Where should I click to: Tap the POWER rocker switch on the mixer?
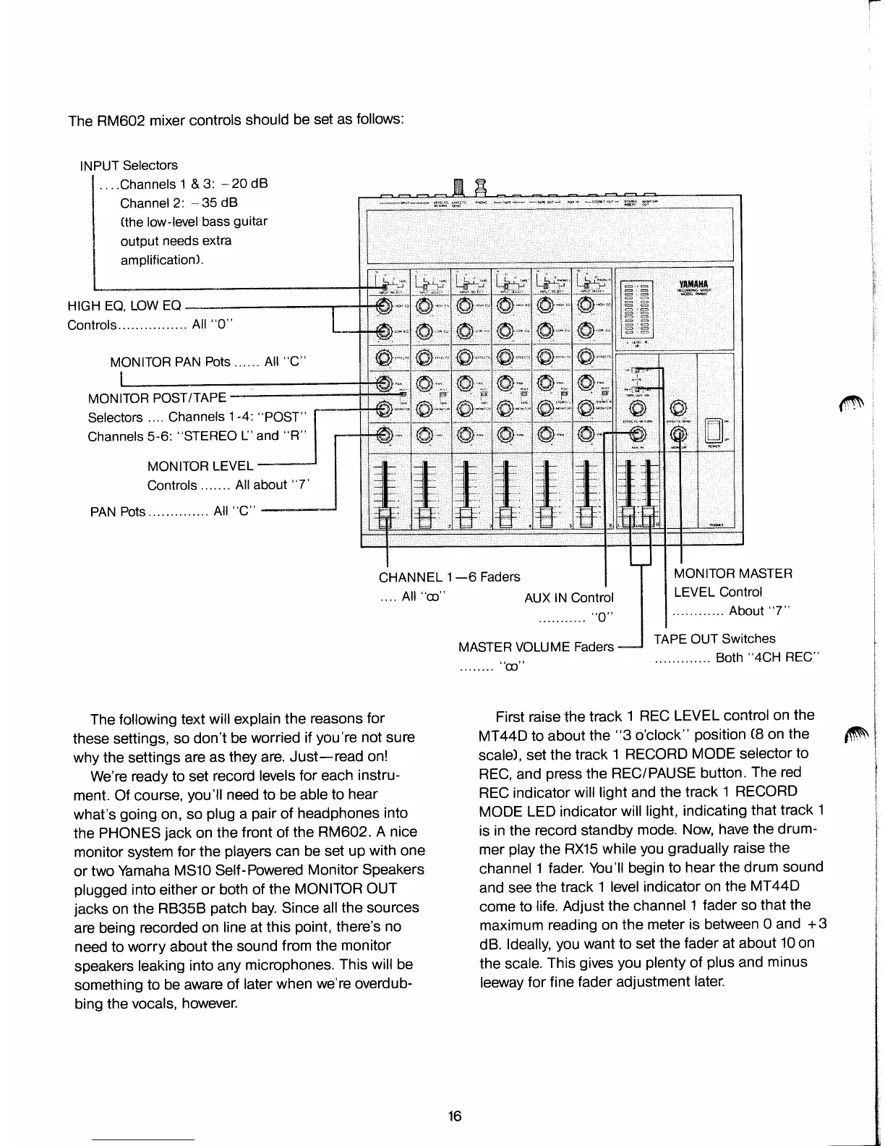714,431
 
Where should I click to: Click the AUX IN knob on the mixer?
636,434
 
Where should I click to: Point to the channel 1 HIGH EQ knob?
383,305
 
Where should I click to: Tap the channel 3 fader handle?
465,514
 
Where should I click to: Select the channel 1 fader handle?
383,514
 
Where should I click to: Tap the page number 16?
454,1115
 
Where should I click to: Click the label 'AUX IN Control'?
568,598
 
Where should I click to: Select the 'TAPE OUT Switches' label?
714,639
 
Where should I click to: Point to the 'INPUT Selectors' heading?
129,166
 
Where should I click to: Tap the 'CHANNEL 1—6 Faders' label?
449,577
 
